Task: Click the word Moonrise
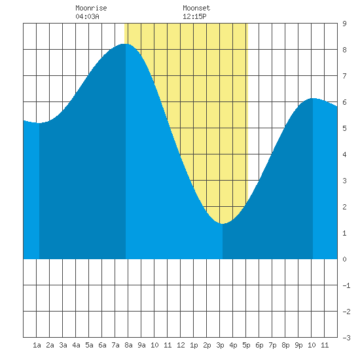click(91, 8)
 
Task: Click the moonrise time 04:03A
click(87, 16)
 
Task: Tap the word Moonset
click(196, 8)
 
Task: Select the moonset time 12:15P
click(194, 16)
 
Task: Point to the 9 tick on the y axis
click(344, 24)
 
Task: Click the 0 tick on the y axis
click(344, 259)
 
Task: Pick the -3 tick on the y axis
click(346, 338)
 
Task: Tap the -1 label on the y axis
click(346, 285)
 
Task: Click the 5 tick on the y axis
click(344, 128)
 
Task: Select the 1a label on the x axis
click(37, 345)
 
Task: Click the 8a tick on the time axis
click(128, 345)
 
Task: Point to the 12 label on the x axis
click(181, 345)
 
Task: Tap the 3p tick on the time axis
click(220, 345)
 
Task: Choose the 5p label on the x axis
click(246, 345)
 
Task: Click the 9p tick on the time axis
click(298, 345)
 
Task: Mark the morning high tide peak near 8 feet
click(126, 44)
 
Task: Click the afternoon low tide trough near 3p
click(222, 223)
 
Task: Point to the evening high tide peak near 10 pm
click(313, 98)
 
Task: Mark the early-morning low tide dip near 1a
click(39, 123)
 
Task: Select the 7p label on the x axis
click(272, 345)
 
